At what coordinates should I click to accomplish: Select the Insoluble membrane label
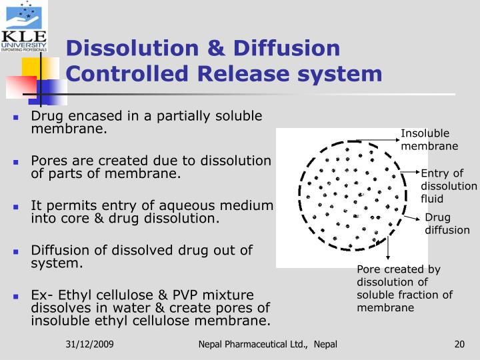[429, 139]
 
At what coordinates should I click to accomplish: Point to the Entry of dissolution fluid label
[448, 186]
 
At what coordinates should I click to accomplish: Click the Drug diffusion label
[447, 224]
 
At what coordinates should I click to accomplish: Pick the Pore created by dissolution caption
[404, 288]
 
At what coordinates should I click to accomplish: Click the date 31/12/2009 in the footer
[89, 344]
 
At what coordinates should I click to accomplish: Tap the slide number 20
[459, 344]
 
